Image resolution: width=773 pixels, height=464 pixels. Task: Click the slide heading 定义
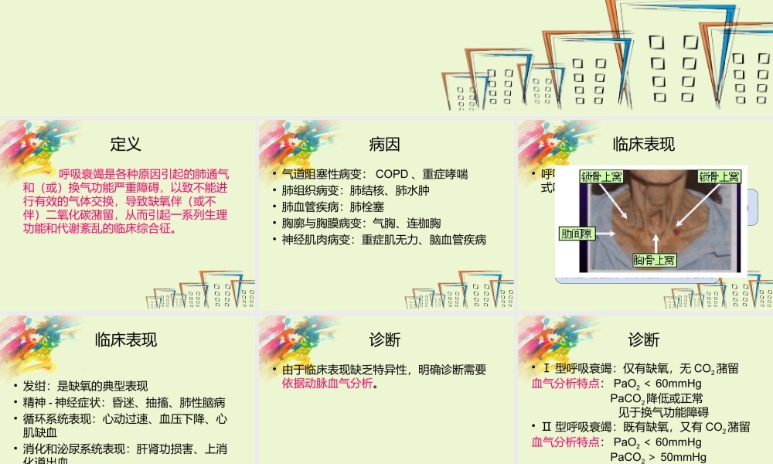(x=126, y=144)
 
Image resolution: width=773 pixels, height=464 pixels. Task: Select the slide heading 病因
(x=385, y=144)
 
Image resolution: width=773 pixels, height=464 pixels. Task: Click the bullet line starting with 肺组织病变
(x=355, y=191)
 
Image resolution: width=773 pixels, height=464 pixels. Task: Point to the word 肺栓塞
(x=367, y=207)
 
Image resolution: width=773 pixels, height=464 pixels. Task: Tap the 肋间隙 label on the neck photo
(x=576, y=233)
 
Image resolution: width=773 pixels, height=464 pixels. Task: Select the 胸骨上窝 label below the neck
(x=655, y=260)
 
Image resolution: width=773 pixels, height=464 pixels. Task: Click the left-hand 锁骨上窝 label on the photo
(x=602, y=177)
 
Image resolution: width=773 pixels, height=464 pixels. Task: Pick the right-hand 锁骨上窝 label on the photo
(x=719, y=177)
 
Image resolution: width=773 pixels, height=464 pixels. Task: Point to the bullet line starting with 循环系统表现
(x=124, y=418)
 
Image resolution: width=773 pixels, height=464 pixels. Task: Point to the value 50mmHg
(x=681, y=458)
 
